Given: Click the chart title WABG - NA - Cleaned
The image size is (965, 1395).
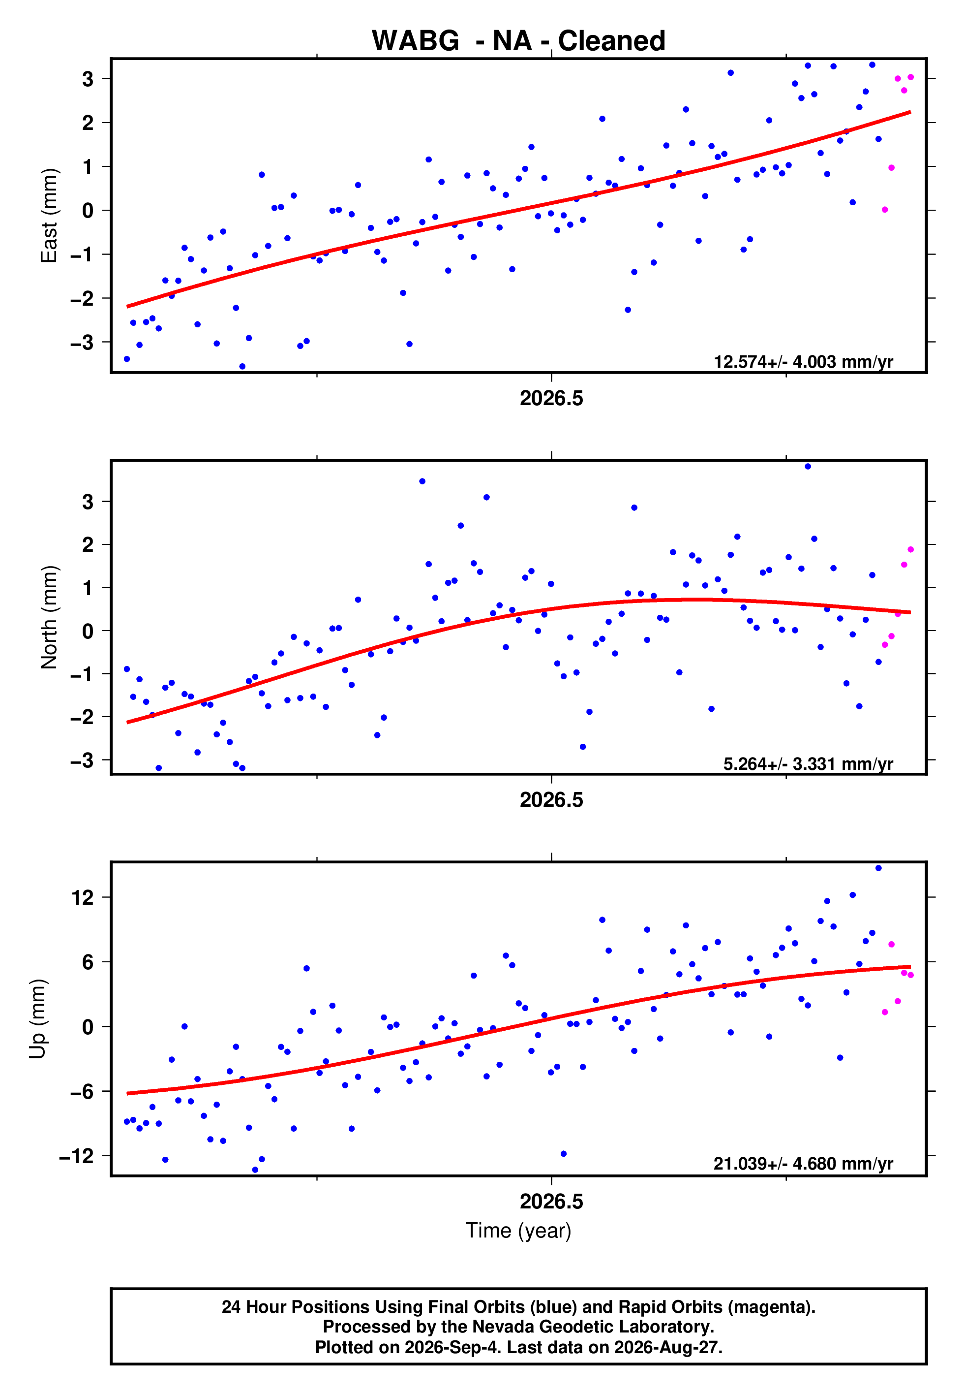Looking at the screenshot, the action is (518, 40).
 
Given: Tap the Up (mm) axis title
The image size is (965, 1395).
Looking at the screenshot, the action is (37, 1019).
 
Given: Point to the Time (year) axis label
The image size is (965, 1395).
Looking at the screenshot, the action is (518, 1231).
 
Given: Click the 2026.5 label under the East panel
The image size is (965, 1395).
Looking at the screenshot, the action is (551, 398).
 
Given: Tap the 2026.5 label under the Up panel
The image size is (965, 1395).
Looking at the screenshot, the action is (551, 1202).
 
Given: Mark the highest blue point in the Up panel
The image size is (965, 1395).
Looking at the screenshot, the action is (878, 868).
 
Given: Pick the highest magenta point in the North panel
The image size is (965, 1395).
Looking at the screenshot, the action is (910, 550).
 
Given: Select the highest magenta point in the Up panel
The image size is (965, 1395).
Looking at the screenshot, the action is (891, 944).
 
